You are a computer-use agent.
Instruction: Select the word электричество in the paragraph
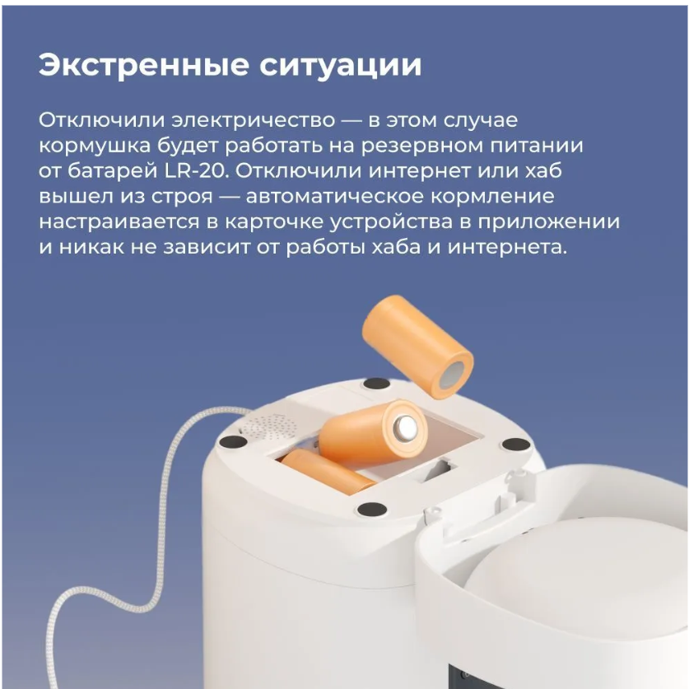coord(253,120)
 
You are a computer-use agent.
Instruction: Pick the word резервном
coord(422,145)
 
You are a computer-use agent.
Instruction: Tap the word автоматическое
coord(335,196)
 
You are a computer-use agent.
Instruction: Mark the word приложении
coord(549,222)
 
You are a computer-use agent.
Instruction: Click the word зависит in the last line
coord(207,246)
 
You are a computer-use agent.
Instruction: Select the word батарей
coord(112,170)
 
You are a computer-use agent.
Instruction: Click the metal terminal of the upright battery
coord(405,428)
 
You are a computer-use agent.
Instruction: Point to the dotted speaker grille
coord(271,426)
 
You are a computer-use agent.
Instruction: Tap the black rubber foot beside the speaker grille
coord(233,441)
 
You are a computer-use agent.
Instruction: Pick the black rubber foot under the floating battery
coord(377,383)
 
